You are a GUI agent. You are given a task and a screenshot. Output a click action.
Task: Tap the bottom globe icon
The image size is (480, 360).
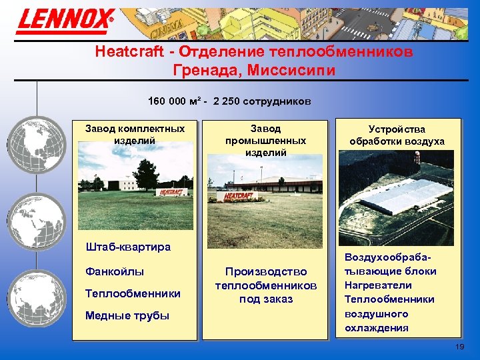tap(39, 294)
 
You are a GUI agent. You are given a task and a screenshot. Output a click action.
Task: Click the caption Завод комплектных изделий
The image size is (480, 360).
tap(135, 134)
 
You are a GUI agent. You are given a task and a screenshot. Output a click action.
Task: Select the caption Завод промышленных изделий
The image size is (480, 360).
tap(265, 140)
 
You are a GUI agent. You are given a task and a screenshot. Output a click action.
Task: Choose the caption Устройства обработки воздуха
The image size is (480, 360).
tap(397, 135)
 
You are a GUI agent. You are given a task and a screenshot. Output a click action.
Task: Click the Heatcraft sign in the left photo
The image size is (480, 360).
tap(172, 192)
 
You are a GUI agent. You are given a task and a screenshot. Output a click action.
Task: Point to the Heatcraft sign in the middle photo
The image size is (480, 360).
tap(238, 197)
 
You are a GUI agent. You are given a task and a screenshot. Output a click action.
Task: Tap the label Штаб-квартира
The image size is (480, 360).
tap(128, 247)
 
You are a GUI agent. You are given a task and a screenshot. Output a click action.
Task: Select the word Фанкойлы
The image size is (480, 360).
tap(115, 271)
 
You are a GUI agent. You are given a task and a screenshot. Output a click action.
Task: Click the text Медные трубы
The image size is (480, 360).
tap(127, 315)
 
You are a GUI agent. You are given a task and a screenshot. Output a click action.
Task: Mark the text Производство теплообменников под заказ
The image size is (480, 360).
tap(265, 285)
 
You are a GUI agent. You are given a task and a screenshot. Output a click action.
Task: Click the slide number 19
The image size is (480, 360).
tap(459, 347)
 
